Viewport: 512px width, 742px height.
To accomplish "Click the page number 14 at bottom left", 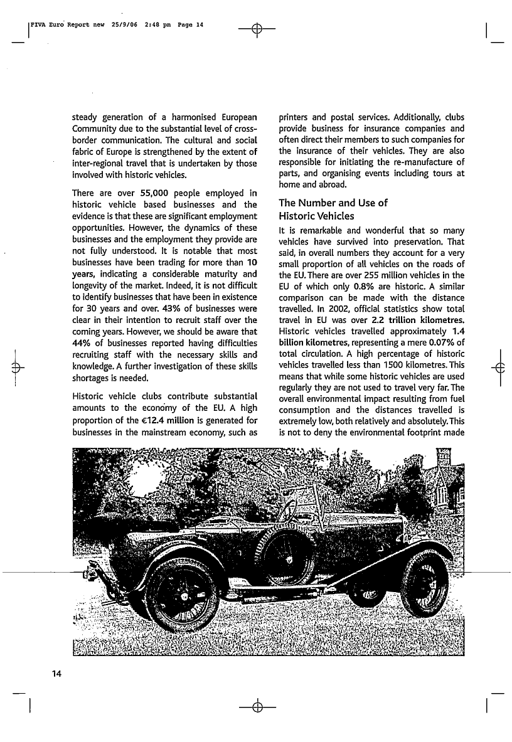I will click(x=56, y=674).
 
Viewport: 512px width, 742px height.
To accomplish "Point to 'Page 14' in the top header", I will click(x=191, y=25).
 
